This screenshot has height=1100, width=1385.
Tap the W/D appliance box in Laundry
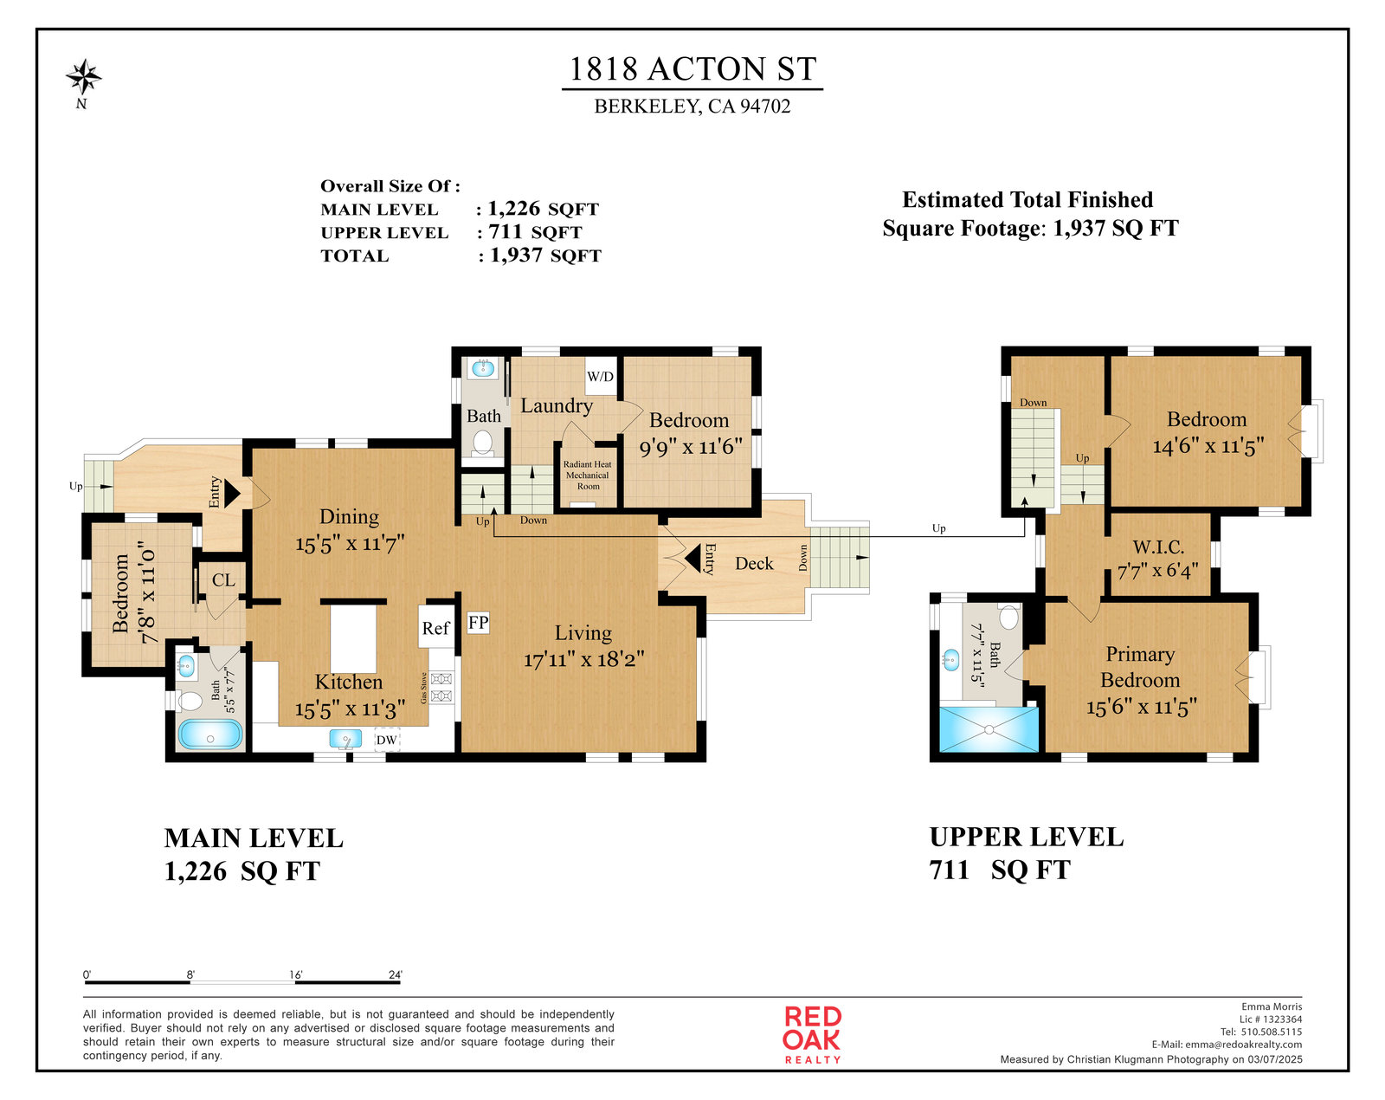click(601, 376)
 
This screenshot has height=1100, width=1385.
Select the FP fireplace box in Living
click(478, 623)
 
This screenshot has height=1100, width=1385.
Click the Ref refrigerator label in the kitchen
click(435, 628)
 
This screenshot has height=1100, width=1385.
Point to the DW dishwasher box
click(387, 740)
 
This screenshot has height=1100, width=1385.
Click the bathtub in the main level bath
click(209, 734)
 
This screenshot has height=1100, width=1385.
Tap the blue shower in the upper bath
click(989, 729)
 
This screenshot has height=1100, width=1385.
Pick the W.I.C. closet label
click(1158, 547)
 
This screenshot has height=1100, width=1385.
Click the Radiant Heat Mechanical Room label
click(588, 476)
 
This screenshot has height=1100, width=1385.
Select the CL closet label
click(223, 580)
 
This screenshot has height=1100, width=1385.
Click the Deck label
click(754, 564)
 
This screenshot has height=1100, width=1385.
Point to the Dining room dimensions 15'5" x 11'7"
click(350, 544)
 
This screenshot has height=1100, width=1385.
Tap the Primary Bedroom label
click(1140, 667)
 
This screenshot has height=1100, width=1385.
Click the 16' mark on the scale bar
click(296, 974)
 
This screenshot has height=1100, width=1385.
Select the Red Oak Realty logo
click(812, 1035)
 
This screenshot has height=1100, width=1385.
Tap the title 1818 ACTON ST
click(692, 69)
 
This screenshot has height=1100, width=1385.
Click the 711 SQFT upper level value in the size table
click(536, 232)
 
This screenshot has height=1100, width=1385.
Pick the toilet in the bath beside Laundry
click(483, 443)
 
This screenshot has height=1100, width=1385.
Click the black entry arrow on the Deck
click(692, 559)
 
